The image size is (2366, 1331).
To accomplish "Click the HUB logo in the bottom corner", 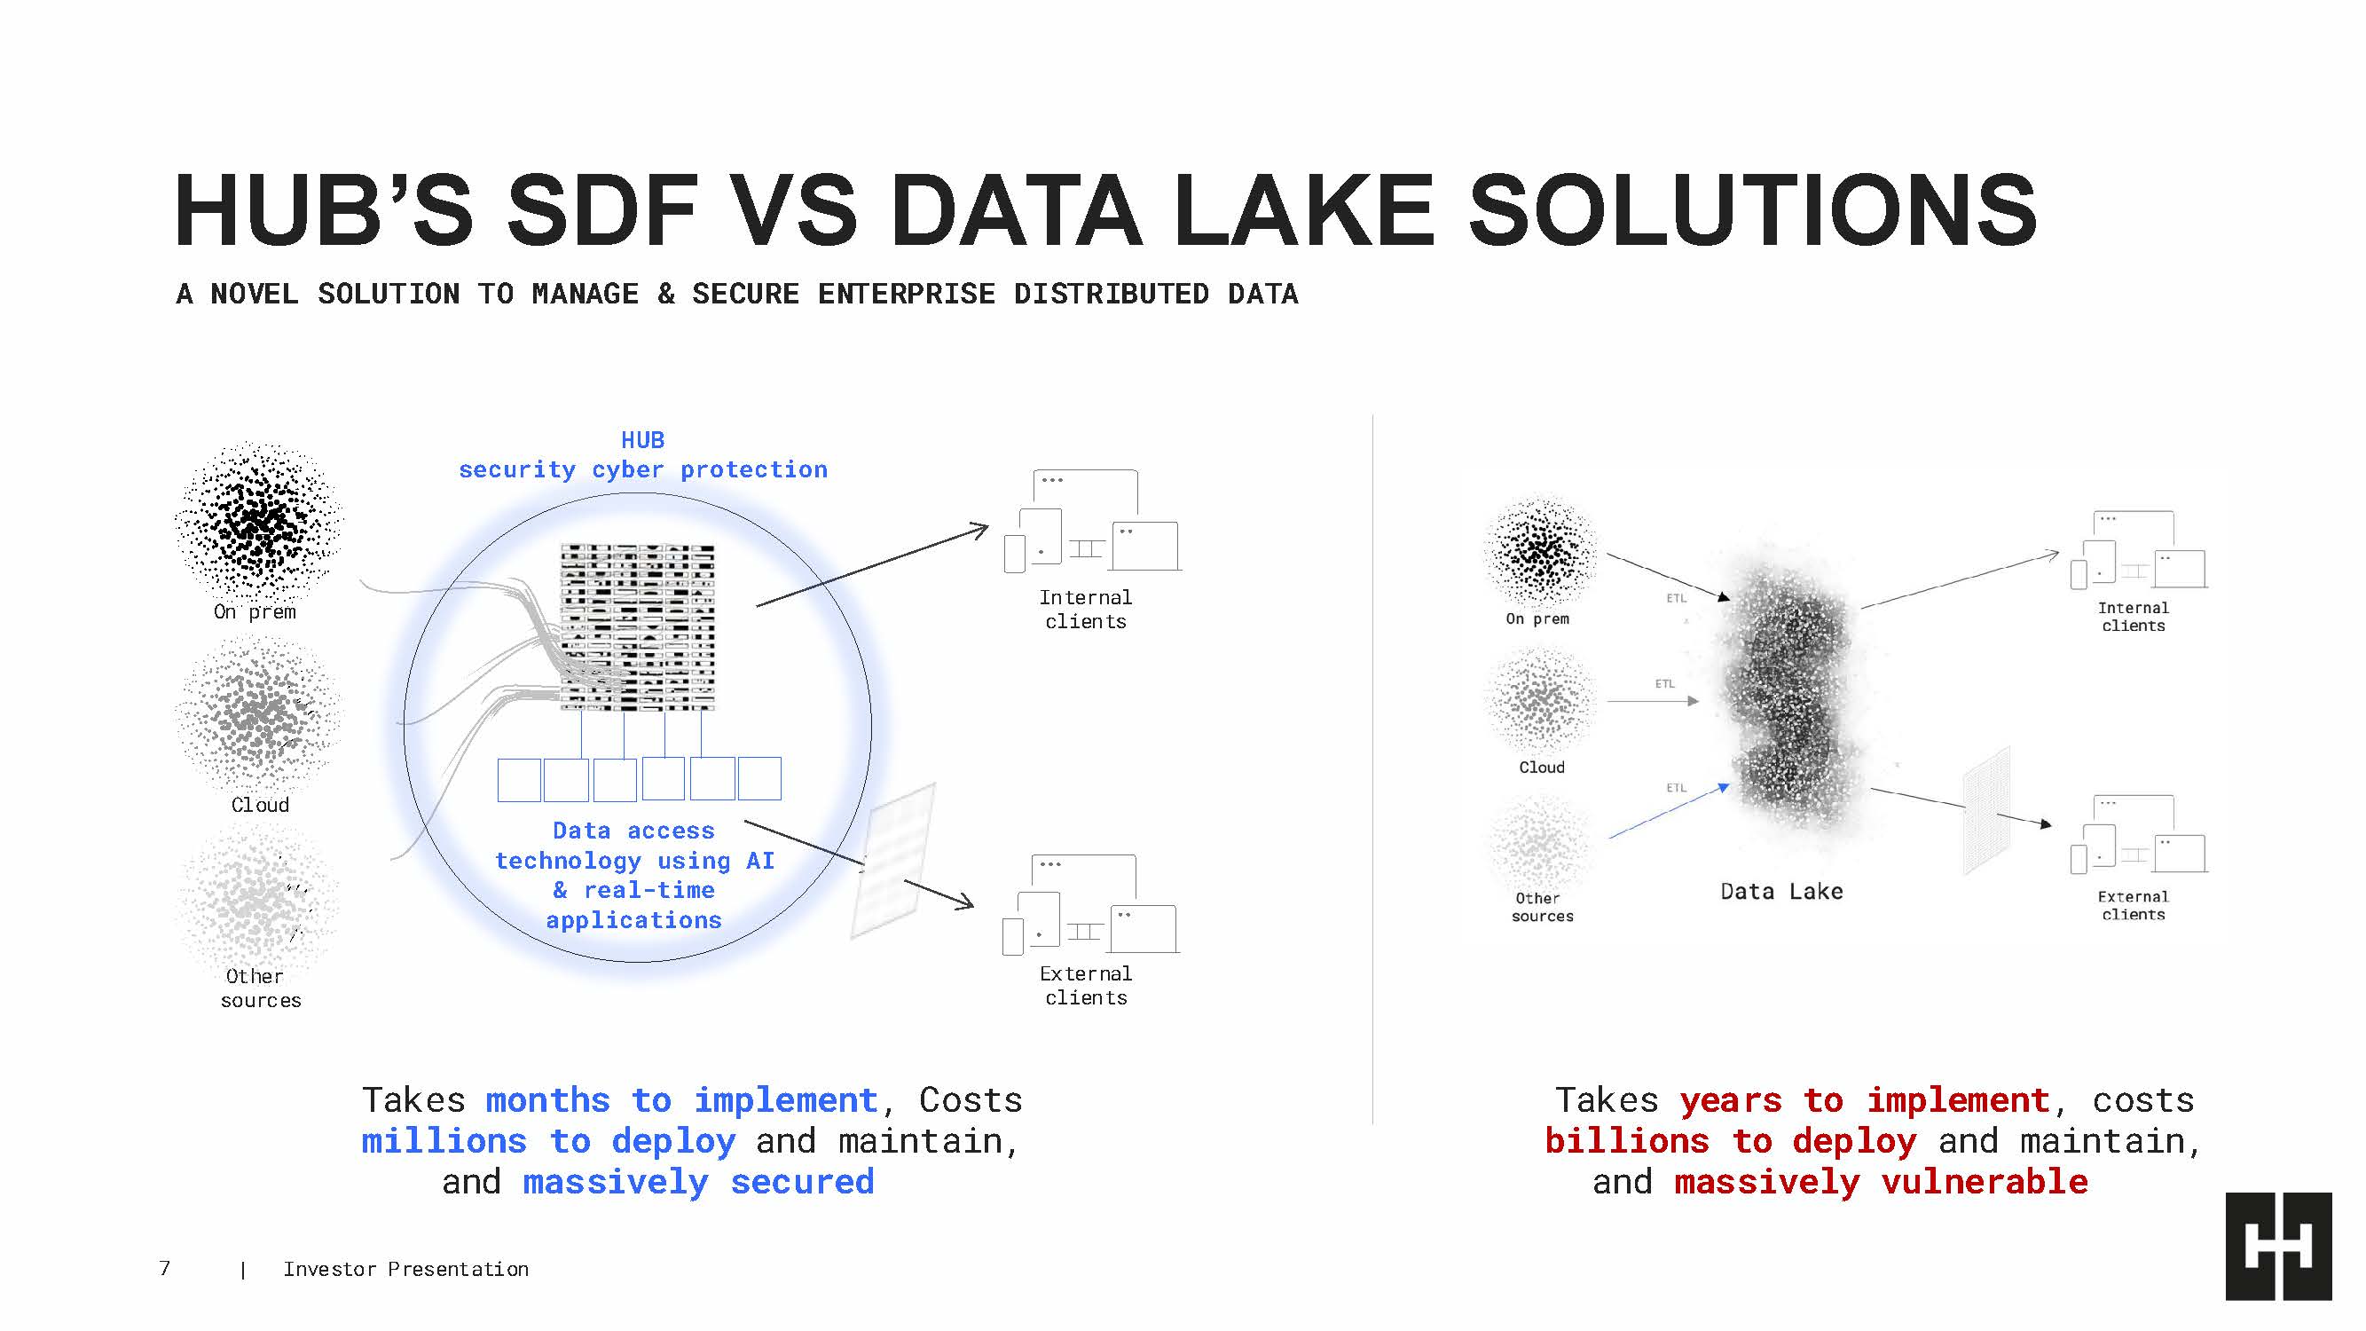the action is coord(2278,1246).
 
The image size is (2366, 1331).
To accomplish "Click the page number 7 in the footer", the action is coord(164,1269).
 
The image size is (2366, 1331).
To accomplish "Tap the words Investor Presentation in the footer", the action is coord(406,1270).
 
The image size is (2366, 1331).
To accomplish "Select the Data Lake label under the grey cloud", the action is coord(1780,891).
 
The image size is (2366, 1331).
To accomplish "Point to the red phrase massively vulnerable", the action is coord(1881,1181).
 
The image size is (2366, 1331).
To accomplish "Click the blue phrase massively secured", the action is coord(698,1182).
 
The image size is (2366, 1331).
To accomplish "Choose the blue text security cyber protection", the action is coord(643,469).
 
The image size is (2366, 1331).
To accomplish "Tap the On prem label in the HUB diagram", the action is coord(255,611).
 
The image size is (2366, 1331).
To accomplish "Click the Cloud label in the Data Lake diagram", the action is coord(1541,767).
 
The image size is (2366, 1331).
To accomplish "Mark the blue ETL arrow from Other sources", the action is coord(1669,811).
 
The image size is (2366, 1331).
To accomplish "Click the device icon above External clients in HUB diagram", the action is coord(1090,906).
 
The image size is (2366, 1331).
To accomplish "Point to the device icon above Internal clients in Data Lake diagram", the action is coord(2138,549).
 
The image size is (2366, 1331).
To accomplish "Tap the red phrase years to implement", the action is coord(1865,1100).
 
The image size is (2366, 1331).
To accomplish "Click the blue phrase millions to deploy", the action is coord(548,1141).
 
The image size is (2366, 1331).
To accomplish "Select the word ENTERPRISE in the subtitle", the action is coord(907,294).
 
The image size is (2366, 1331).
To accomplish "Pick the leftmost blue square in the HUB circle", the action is coord(519,779).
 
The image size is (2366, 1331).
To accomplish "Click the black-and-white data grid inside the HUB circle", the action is coord(638,628).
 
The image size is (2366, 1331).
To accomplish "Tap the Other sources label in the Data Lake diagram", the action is coord(1542,907).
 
